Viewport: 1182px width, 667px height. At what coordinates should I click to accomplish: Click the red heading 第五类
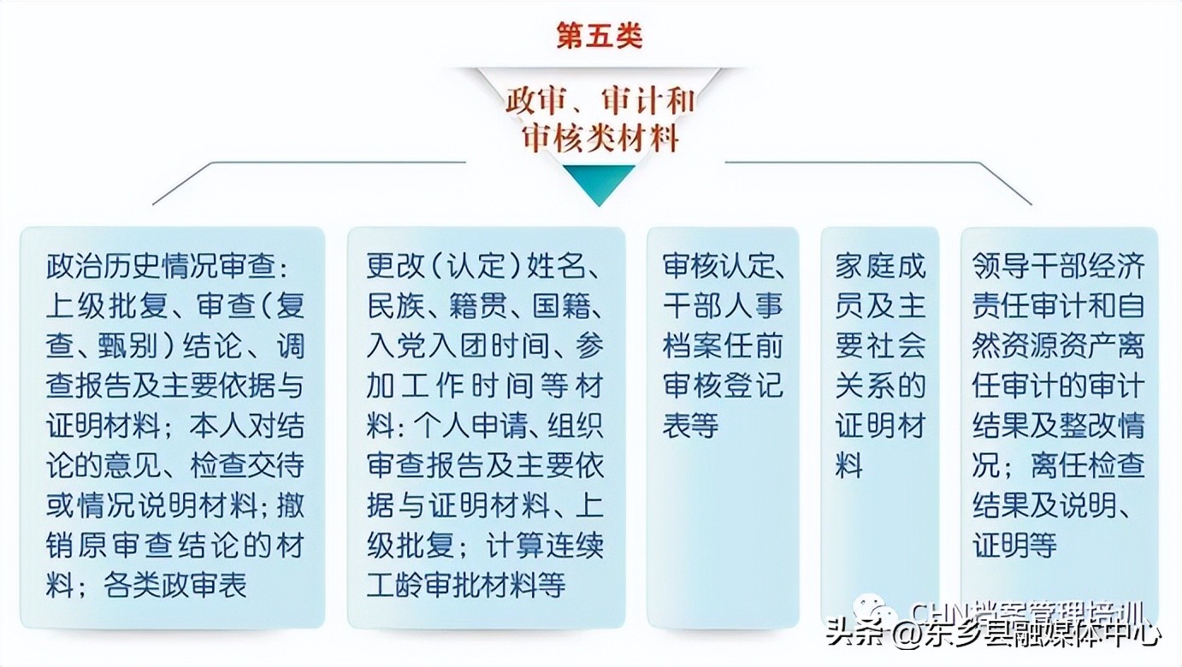tap(599, 38)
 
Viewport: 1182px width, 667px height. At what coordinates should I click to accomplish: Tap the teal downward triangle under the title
tap(599, 183)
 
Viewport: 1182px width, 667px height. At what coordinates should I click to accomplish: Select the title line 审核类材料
tap(599, 138)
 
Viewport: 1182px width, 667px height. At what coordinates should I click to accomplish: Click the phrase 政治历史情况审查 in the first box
tap(162, 267)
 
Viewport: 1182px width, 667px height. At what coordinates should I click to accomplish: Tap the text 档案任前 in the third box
tap(722, 345)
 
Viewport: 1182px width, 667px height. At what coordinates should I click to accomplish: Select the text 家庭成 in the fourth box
tap(880, 267)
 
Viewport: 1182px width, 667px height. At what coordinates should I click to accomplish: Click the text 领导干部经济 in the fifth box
tap(1059, 267)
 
